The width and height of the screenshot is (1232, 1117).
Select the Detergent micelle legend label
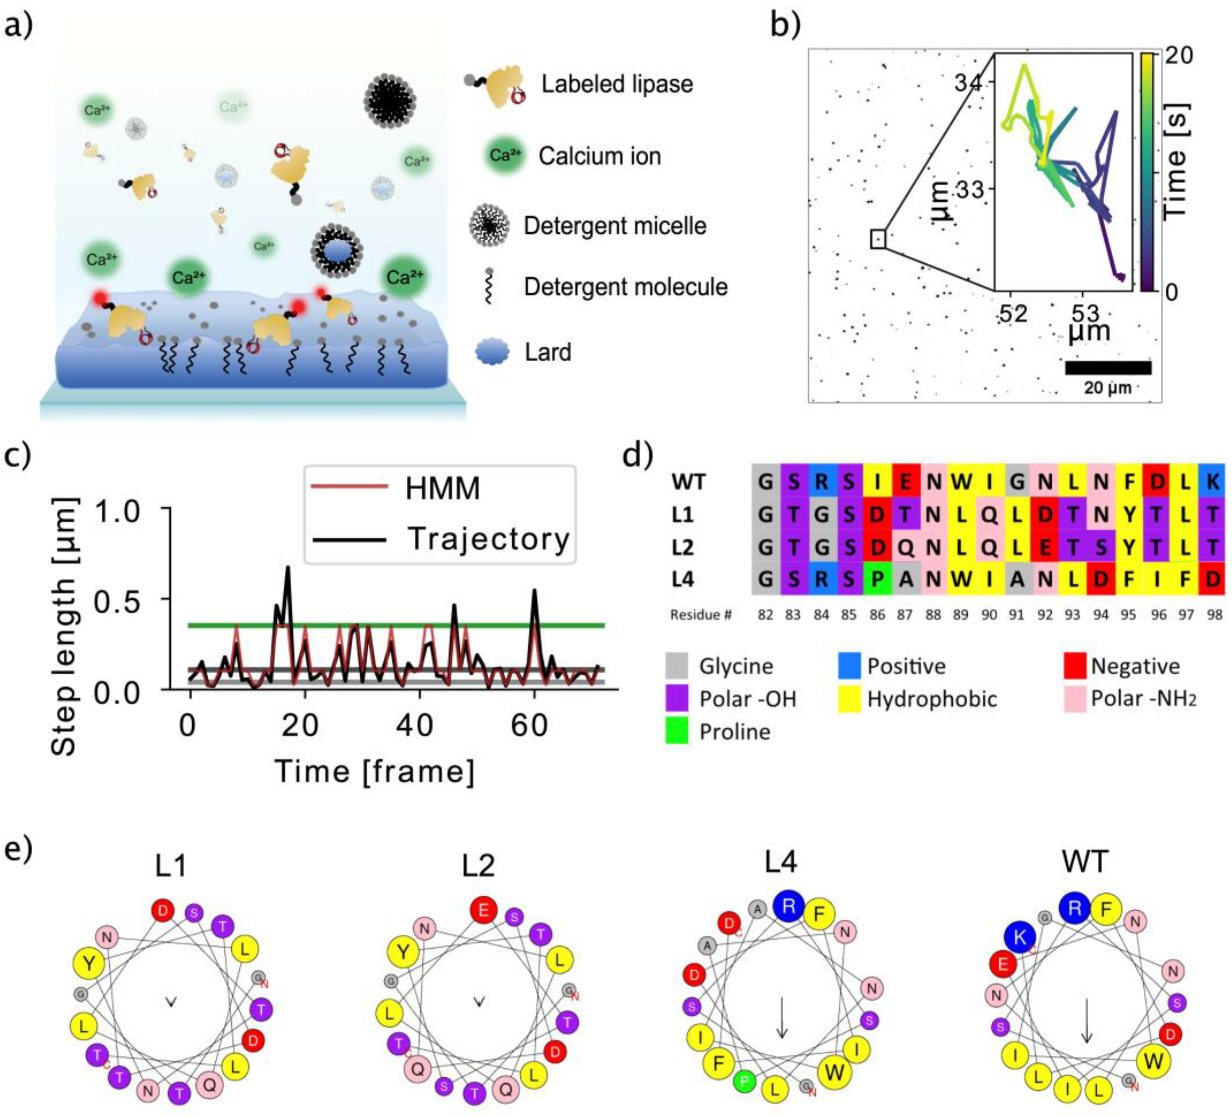pos(615,226)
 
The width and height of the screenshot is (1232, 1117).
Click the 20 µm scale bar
pos(1108,368)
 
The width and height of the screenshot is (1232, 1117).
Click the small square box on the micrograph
pos(878,239)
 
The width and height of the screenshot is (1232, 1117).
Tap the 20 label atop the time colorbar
pos(1178,56)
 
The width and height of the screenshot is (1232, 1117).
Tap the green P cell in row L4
pos(877,579)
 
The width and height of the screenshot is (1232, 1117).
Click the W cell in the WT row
pos(961,482)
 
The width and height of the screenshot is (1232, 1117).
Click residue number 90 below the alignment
pos(989,615)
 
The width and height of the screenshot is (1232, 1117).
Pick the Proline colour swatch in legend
pos(676,731)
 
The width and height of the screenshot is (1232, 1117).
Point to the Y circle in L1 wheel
pos(89,963)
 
